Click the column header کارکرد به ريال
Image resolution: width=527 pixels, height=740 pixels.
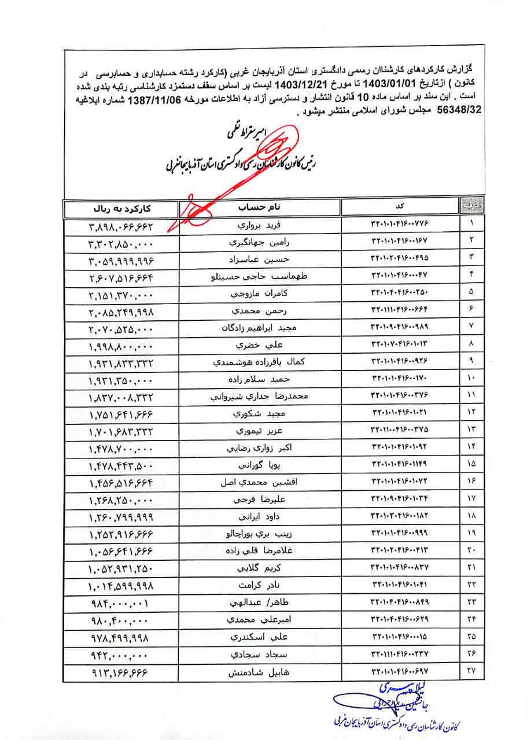(x=121, y=207)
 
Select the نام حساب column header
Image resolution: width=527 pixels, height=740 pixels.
(x=261, y=207)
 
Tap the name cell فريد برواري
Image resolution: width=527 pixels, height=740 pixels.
(x=261, y=223)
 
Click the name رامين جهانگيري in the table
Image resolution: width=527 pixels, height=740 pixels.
(x=261, y=241)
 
